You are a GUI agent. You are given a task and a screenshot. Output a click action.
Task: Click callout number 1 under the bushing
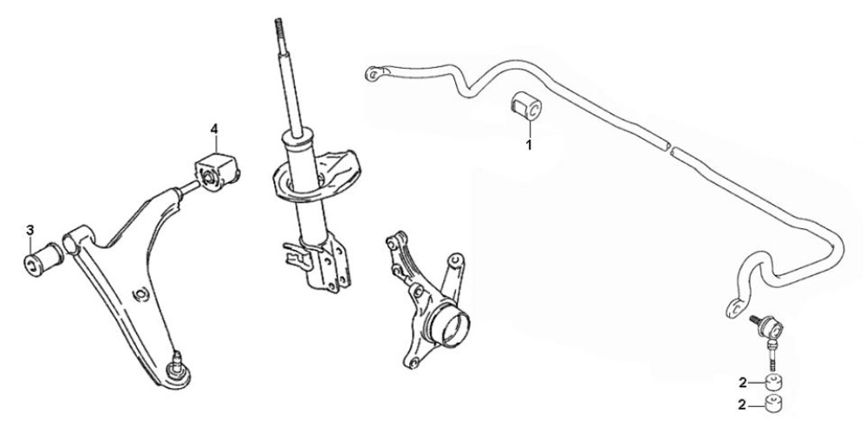point(529,146)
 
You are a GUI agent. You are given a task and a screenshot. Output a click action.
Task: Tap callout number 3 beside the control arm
point(29,230)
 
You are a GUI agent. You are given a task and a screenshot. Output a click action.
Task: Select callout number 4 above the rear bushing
point(214,129)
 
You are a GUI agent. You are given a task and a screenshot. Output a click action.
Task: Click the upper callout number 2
point(742,381)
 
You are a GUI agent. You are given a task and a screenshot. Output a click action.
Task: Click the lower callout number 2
point(742,405)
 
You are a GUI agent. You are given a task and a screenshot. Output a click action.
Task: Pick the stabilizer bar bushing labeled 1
point(525,106)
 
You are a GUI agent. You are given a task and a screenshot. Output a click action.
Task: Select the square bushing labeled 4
point(217,172)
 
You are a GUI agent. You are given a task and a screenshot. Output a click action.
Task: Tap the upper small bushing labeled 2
point(774,381)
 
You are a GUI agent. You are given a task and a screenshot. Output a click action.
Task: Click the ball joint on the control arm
point(178,370)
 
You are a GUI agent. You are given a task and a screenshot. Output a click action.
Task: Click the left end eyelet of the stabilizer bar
point(375,74)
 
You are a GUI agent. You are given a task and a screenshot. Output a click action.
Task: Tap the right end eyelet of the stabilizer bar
point(736,307)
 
